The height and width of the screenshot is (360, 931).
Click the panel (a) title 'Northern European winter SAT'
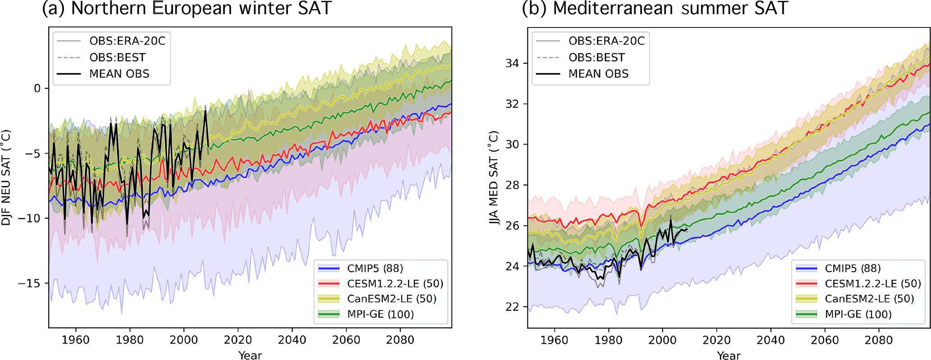pyautogui.click(x=201, y=9)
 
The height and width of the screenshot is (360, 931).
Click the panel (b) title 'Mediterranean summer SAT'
pyautogui.click(x=670, y=9)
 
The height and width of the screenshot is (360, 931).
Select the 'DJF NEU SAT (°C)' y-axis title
pyautogui.click(x=6, y=178)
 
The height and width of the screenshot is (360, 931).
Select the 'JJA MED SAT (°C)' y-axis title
pyautogui.click(x=494, y=178)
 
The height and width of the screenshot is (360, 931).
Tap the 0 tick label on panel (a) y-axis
pyautogui.click(x=37, y=88)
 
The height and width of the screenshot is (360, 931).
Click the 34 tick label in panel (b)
pyautogui.click(x=512, y=64)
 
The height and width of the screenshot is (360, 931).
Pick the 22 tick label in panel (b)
pyautogui.click(x=512, y=307)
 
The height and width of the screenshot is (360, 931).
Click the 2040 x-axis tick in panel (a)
pyautogui.click(x=292, y=340)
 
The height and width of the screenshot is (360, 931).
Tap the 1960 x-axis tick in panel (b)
pyautogui.click(x=554, y=340)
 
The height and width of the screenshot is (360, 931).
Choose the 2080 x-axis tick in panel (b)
pyautogui.click(x=879, y=340)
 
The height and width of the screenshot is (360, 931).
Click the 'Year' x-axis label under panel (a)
pyautogui.click(x=250, y=355)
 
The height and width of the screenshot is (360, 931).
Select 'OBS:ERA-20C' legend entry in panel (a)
pyautogui.click(x=127, y=41)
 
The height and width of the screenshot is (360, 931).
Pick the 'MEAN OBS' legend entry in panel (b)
pyautogui.click(x=598, y=74)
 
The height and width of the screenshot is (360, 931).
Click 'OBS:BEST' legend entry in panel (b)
pyautogui.click(x=596, y=58)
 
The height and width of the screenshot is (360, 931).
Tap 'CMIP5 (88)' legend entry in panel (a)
pyautogui.click(x=375, y=269)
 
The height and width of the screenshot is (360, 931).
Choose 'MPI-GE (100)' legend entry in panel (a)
pyautogui.click(x=381, y=314)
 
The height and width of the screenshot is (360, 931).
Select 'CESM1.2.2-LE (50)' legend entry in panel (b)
pyautogui.click(x=873, y=284)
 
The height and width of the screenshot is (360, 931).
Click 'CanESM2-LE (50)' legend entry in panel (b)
pyautogui.click(x=869, y=299)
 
